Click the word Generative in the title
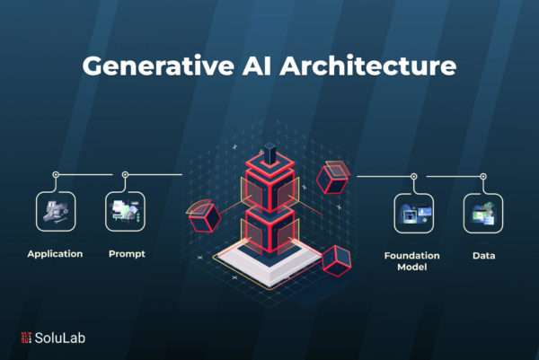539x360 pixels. (158, 66)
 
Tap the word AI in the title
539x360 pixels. (257, 66)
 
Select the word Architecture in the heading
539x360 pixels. (368, 66)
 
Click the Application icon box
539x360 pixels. (56, 211)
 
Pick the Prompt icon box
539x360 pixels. (125, 211)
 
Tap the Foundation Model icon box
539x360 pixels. (414, 214)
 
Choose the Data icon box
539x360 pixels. (483, 214)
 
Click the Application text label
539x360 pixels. (55, 254)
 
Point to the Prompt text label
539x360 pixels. (127, 254)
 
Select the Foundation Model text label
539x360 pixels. (411, 261)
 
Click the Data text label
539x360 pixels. (483, 256)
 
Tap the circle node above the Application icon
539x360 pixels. (56, 175)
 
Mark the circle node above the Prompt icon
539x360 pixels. (125, 175)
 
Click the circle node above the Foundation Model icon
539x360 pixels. (414, 177)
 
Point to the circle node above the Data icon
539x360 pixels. (483, 177)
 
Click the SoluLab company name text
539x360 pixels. (60, 338)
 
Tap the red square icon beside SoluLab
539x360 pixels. (26, 338)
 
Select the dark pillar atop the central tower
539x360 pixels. (270, 154)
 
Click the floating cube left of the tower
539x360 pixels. (204, 216)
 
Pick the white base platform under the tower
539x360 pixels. (268, 264)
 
